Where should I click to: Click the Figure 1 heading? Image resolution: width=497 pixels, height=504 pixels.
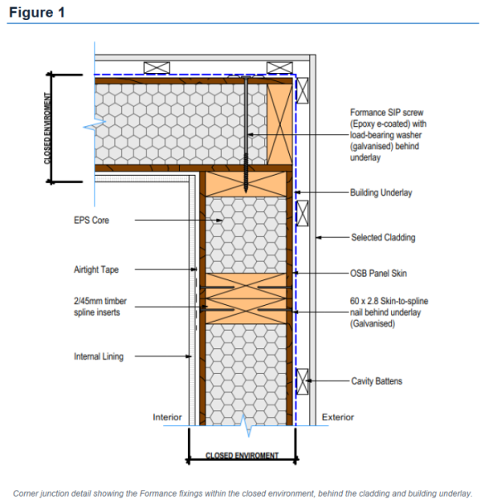coord(37,12)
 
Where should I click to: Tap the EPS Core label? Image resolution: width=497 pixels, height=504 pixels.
coord(91,220)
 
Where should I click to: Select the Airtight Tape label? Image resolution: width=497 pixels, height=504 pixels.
coord(96,269)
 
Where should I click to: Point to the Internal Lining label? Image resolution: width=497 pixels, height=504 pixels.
coord(99,356)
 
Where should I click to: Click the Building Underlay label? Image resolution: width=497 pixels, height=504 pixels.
coord(381,192)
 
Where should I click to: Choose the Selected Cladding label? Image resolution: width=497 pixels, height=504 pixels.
coord(383,238)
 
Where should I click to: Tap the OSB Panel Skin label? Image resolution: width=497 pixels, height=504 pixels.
coord(378,274)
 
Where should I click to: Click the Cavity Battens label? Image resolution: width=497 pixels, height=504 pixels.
coord(376,380)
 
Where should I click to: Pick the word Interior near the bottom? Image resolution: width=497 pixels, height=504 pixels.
coord(167,417)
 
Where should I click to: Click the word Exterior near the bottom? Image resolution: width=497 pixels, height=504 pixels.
coord(338,417)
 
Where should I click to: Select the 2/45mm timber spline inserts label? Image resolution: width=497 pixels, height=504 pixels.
coord(100,307)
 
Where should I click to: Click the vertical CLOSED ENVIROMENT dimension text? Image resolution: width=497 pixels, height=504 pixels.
coord(47,128)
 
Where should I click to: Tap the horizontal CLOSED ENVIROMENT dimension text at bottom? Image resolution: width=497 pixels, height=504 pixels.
coord(242,455)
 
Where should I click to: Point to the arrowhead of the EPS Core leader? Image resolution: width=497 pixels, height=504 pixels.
coord(220,220)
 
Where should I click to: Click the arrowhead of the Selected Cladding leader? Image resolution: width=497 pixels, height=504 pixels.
coord(319,238)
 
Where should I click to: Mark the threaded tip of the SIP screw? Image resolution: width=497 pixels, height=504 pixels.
coord(246,191)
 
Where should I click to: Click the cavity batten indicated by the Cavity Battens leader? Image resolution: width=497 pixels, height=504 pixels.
coord(302,381)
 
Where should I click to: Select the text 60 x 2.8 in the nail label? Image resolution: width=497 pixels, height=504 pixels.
coord(364,301)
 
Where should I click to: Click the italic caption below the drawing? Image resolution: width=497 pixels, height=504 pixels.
coord(243,493)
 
